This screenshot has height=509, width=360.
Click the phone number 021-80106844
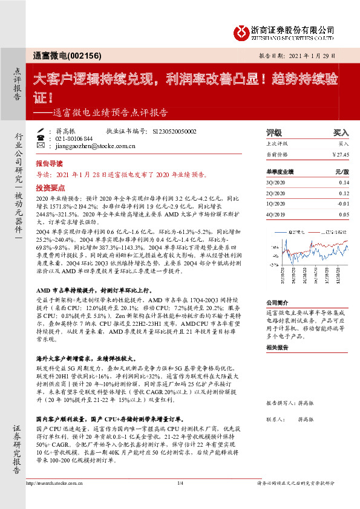point(74,138)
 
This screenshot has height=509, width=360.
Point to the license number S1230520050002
point(175,131)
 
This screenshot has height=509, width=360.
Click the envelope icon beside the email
point(40,146)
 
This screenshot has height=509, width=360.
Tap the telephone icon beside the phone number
point(40,138)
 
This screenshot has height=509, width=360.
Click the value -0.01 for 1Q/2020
point(343,204)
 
